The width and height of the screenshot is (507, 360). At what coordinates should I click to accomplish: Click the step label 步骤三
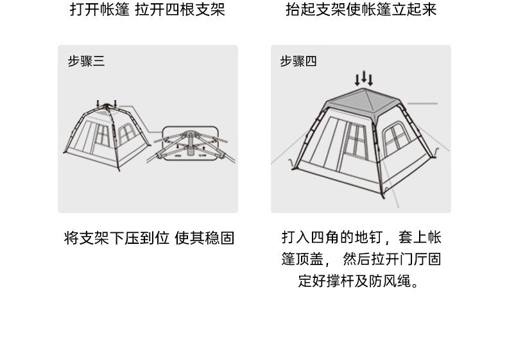click(x=86, y=62)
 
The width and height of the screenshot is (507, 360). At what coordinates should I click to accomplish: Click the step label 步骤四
click(x=298, y=62)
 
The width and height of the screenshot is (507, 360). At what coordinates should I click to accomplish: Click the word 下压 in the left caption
click(x=126, y=238)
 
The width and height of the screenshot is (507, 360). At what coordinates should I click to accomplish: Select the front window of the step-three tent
click(x=102, y=135)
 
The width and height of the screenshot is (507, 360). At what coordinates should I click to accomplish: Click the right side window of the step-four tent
click(x=393, y=141)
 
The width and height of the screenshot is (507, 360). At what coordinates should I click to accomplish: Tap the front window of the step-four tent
click(x=354, y=138)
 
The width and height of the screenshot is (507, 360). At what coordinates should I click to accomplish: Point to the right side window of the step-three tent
click(x=126, y=133)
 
